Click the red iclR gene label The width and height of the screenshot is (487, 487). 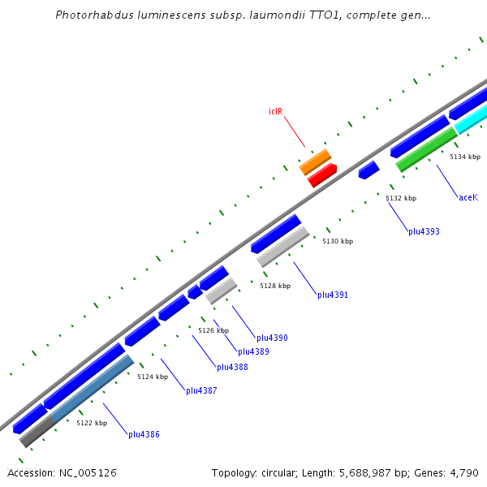pyautogui.click(x=275, y=111)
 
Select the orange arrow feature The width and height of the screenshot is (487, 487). pyautogui.click(x=315, y=162)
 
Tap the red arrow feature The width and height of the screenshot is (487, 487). pyautogui.click(x=322, y=175)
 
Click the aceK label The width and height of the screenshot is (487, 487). pyautogui.click(x=468, y=197)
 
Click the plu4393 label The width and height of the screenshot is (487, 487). pyautogui.click(x=424, y=231)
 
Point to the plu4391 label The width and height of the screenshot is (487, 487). pyautogui.click(x=333, y=295)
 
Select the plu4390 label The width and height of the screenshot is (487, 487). pyautogui.click(x=272, y=338)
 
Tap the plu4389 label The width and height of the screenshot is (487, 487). pyautogui.click(x=253, y=351)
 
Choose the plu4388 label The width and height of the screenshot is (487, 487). pyautogui.click(x=232, y=367)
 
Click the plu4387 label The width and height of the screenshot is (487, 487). pyautogui.click(x=201, y=390)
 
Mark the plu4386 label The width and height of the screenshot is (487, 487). pyautogui.click(x=144, y=434)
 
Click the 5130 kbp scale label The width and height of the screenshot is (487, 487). pyautogui.click(x=338, y=241)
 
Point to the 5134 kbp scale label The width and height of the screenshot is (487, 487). pyautogui.click(x=465, y=157)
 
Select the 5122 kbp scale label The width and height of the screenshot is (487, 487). pyautogui.click(x=92, y=423)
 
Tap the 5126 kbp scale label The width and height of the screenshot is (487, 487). pyautogui.click(x=213, y=330)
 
